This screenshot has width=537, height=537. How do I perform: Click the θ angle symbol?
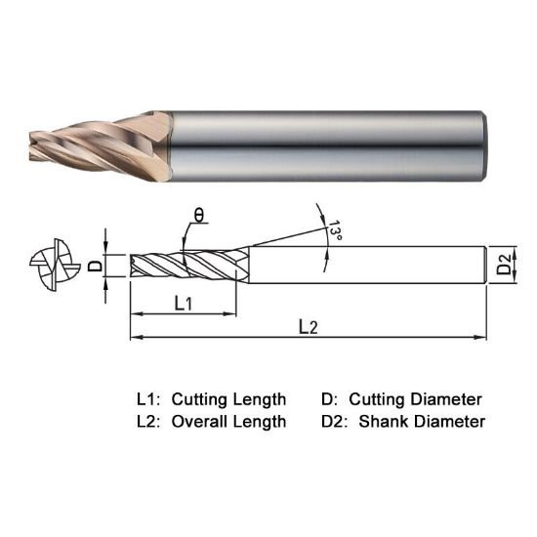coord(198,215)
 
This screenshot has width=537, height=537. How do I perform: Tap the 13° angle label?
coord(335,231)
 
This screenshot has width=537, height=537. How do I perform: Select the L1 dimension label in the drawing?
coord(183,304)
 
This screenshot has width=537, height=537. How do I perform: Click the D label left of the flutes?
coord(95,265)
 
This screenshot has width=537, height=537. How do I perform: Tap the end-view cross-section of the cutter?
coord(49,264)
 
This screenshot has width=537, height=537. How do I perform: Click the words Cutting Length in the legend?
coord(228,399)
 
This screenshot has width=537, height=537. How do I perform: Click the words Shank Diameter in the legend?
coord(422,422)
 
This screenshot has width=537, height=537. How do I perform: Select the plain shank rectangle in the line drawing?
coord(366,264)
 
